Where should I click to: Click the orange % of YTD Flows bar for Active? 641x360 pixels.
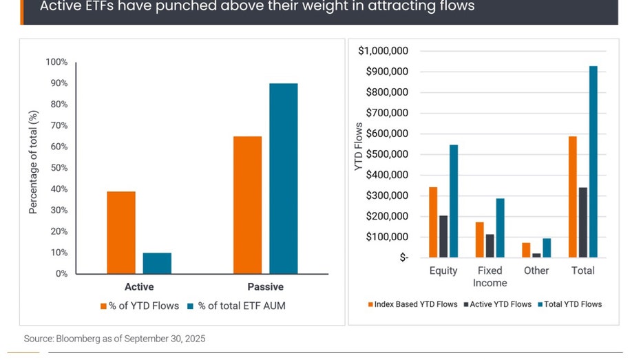coord(121,232)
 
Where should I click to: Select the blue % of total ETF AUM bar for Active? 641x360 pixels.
coord(157,263)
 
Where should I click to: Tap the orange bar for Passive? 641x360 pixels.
coord(247,204)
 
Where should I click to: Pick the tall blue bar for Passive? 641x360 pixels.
coord(283,178)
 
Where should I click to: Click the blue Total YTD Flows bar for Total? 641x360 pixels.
coord(593,162)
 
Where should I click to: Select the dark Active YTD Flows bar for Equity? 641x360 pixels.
coord(443,236)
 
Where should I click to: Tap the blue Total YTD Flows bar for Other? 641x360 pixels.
coord(547,248)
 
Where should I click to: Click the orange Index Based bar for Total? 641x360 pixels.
coord(572,197)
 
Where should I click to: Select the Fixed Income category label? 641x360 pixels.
coord(490,277)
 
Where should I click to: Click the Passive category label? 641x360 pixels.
coord(265,286)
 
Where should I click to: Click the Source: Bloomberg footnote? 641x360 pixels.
coord(114,339)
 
